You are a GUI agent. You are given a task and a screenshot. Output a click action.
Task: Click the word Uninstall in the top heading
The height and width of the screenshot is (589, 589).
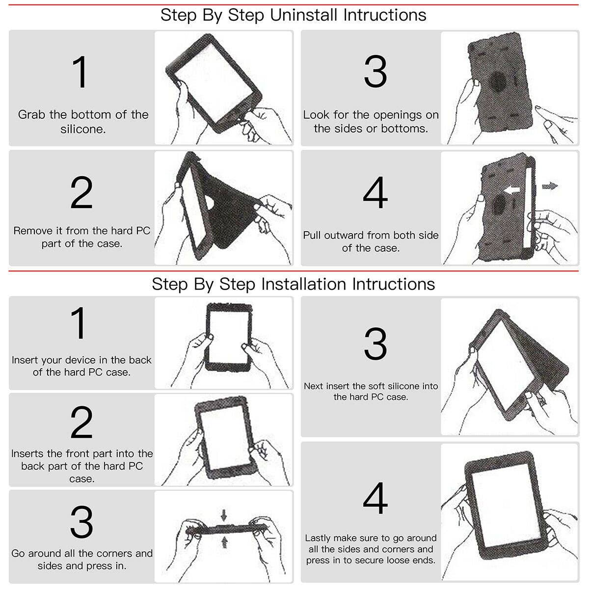click(x=304, y=15)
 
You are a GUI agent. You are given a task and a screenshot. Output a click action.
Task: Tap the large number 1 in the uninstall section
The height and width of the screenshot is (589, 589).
click(x=80, y=72)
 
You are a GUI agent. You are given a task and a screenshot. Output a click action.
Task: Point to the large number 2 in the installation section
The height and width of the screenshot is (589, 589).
click(x=81, y=423)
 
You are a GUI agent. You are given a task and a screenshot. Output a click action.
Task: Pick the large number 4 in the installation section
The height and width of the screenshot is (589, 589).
click(x=375, y=498)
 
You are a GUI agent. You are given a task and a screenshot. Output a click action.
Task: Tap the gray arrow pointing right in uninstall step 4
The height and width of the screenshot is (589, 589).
click(x=550, y=186)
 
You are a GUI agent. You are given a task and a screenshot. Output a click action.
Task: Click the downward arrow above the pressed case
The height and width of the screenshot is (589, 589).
click(x=224, y=515)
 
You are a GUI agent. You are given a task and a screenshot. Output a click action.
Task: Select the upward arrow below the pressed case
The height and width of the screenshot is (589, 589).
click(x=224, y=541)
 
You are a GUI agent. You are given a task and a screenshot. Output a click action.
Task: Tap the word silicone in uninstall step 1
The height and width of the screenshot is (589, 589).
click(x=83, y=129)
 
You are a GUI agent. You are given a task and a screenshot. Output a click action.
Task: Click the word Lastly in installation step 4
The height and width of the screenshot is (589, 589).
click(x=320, y=538)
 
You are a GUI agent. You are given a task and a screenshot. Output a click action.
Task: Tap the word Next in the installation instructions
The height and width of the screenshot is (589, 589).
click(x=313, y=386)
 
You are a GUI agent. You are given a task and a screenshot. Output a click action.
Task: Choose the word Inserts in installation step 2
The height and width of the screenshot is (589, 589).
click(x=27, y=454)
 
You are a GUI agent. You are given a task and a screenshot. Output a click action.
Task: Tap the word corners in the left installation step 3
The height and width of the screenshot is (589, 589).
click(x=109, y=553)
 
